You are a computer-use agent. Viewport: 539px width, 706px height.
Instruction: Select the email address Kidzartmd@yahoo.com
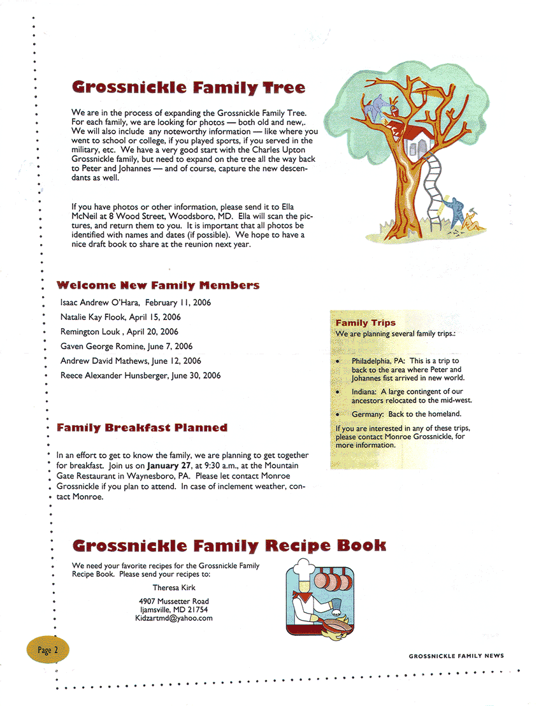tap(173, 618)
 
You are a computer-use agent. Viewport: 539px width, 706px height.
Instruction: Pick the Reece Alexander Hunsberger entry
tap(140, 376)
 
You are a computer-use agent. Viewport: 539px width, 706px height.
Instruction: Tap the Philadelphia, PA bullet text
tap(378, 361)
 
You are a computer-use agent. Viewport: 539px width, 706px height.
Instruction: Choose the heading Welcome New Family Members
tap(158, 285)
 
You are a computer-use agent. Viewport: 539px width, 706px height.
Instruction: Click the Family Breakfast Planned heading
tap(142, 428)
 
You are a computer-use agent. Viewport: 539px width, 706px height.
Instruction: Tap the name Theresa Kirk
tap(174, 587)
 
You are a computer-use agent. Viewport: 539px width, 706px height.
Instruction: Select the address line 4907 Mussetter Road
tap(173, 602)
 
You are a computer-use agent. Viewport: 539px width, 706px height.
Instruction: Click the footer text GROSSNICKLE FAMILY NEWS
tap(456, 656)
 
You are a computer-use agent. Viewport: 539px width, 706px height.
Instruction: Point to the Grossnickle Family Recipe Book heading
tap(229, 546)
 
